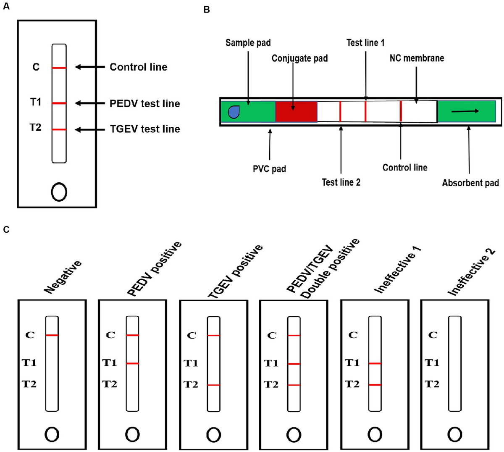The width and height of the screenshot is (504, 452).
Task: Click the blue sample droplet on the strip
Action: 234,112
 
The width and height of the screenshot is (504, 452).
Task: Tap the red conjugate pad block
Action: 296,111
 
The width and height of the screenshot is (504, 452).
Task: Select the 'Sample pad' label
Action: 248,43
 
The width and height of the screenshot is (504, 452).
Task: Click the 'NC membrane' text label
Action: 417,58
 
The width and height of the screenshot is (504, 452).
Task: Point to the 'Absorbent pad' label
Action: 470,183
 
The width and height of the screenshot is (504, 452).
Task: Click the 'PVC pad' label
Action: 269,169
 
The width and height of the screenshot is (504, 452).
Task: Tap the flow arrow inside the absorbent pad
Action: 465,111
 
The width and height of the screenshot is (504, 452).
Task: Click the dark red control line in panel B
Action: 401,111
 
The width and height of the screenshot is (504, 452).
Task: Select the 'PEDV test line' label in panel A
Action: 145,103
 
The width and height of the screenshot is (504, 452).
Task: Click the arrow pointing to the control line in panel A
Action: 90,67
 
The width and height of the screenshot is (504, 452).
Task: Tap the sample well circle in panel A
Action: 59,192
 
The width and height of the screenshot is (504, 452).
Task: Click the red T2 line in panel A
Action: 59,129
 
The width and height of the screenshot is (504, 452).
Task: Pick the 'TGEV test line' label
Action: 145,129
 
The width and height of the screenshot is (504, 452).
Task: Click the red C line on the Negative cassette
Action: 52,335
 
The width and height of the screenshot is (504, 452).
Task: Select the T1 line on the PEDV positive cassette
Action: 132,364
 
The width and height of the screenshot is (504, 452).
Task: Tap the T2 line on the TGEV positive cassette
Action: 213,385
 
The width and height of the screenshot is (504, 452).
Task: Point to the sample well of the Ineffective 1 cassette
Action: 375,434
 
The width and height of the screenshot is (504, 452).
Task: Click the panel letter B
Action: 207,10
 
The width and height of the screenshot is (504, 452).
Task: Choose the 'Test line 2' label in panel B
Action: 341,182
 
